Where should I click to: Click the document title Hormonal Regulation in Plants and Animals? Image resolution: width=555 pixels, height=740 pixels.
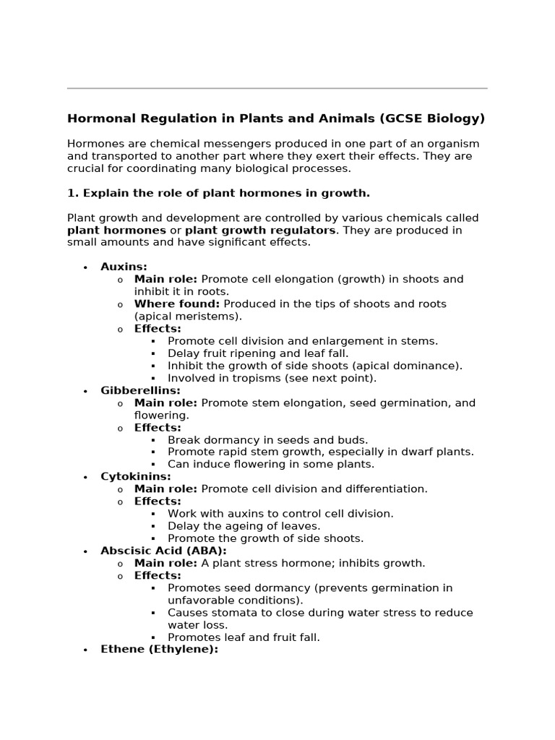click(x=276, y=119)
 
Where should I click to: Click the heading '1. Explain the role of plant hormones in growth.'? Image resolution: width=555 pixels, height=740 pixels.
click(x=218, y=193)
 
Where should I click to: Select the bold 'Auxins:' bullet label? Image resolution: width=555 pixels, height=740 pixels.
click(x=124, y=267)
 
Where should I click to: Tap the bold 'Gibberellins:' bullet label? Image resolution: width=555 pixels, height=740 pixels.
click(x=140, y=390)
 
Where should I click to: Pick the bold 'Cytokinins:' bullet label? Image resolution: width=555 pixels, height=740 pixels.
click(x=136, y=476)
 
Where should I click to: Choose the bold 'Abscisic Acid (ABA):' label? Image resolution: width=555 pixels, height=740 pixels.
click(x=163, y=551)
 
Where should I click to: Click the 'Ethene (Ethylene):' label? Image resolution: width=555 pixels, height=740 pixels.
click(x=159, y=650)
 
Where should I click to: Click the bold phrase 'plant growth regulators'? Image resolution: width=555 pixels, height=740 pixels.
click(x=260, y=230)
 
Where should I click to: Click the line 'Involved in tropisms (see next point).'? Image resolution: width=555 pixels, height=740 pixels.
click(x=272, y=378)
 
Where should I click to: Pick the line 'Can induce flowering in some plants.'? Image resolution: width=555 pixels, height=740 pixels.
click(x=271, y=464)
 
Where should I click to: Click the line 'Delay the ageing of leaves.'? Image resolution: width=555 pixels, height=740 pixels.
click(x=244, y=526)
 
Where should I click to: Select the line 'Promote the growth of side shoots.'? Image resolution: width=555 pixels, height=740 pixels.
click(x=265, y=538)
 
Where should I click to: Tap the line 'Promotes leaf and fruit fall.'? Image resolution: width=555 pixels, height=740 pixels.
click(x=244, y=637)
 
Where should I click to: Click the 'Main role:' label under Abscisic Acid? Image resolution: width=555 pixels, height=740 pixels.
click(x=165, y=563)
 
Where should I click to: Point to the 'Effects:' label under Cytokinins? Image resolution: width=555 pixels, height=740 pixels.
click(x=158, y=501)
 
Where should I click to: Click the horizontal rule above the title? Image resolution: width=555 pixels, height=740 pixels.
click(x=277, y=88)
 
